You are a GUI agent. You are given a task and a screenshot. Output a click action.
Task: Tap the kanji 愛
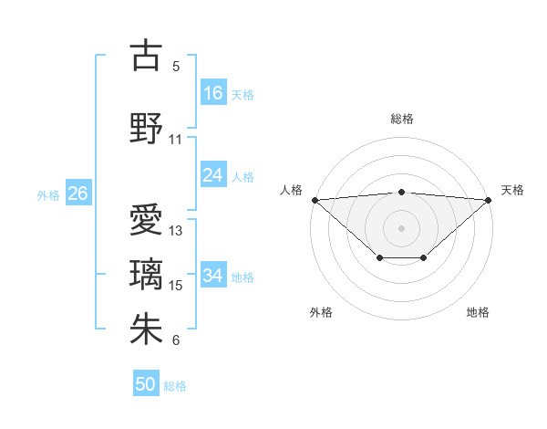pyautogui.click(x=146, y=220)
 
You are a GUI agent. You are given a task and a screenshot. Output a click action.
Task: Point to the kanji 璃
pyautogui.click(x=146, y=275)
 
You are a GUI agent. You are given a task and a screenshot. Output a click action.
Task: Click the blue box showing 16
pyautogui.click(x=213, y=93)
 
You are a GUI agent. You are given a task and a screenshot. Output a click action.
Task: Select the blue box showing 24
pyautogui.click(x=213, y=175)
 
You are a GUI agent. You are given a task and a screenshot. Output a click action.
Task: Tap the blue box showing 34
pyautogui.click(x=213, y=276)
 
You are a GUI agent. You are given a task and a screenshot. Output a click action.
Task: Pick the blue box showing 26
pyautogui.click(x=77, y=194)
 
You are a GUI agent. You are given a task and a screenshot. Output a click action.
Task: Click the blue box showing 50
pyautogui.click(x=146, y=384)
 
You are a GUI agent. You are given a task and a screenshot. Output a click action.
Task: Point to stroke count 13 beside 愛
pyautogui.click(x=176, y=231)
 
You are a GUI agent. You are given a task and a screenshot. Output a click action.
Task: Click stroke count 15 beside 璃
pyautogui.click(x=176, y=286)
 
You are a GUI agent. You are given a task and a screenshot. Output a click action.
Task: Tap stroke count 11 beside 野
pyautogui.click(x=176, y=140)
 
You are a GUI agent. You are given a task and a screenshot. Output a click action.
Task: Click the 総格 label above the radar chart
pyautogui.click(x=402, y=119)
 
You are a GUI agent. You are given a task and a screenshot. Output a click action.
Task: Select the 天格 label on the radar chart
pyautogui.click(x=512, y=190)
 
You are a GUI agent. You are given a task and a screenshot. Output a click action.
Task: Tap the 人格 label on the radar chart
pyautogui.click(x=291, y=190)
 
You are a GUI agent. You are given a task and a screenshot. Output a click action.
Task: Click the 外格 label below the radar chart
pyautogui.click(x=321, y=312)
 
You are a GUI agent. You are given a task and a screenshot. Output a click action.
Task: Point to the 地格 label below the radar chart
pyautogui.click(x=478, y=312)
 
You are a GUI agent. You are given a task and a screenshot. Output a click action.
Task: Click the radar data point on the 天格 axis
pyautogui.click(x=490, y=200)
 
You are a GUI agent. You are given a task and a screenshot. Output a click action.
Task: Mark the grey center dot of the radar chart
pyautogui.click(x=402, y=227)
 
